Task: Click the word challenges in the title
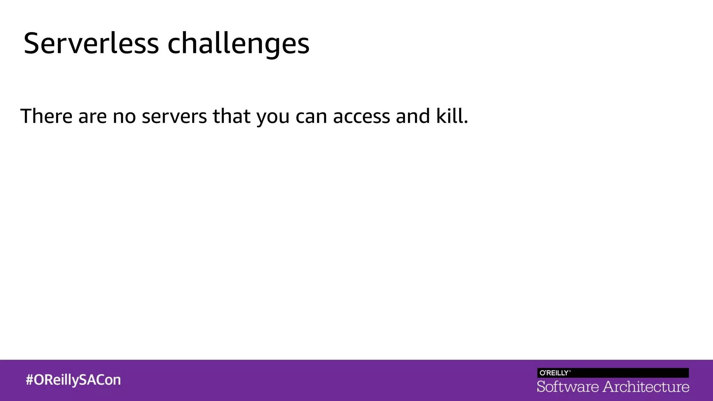[x=238, y=44]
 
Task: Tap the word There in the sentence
[x=46, y=116]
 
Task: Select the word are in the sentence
[x=92, y=117]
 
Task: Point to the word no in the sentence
[x=124, y=117]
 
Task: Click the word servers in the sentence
[x=174, y=117]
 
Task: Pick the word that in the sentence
[x=232, y=116]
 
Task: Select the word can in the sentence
[x=311, y=117]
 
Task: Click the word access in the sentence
[x=361, y=117]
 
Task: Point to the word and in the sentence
[x=413, y=116]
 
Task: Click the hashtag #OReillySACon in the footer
[x=73, y=380]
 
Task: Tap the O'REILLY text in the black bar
[x=555, y=373]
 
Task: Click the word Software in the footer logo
[x=567, y=387]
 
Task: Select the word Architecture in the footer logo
[x=646, y=387]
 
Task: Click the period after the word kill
[x=466, y=123]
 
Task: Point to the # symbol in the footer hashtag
[x=30, y=380]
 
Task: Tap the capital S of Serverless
[x=31, y=44]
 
